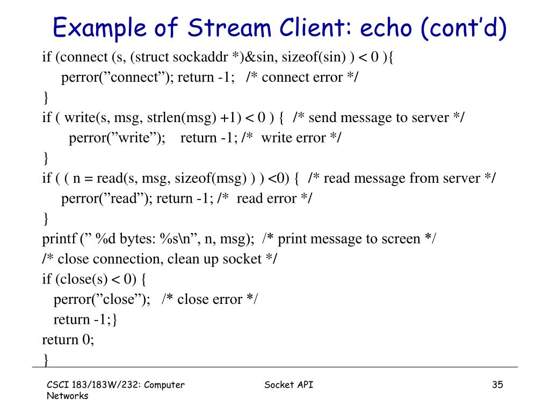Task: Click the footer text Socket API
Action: click(289, 384)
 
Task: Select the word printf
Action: click(60, 238)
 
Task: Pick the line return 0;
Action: click(68, 339)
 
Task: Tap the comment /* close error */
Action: click(210, 299)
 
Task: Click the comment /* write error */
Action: click(292, 138)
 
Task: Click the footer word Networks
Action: click(67, 396)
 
